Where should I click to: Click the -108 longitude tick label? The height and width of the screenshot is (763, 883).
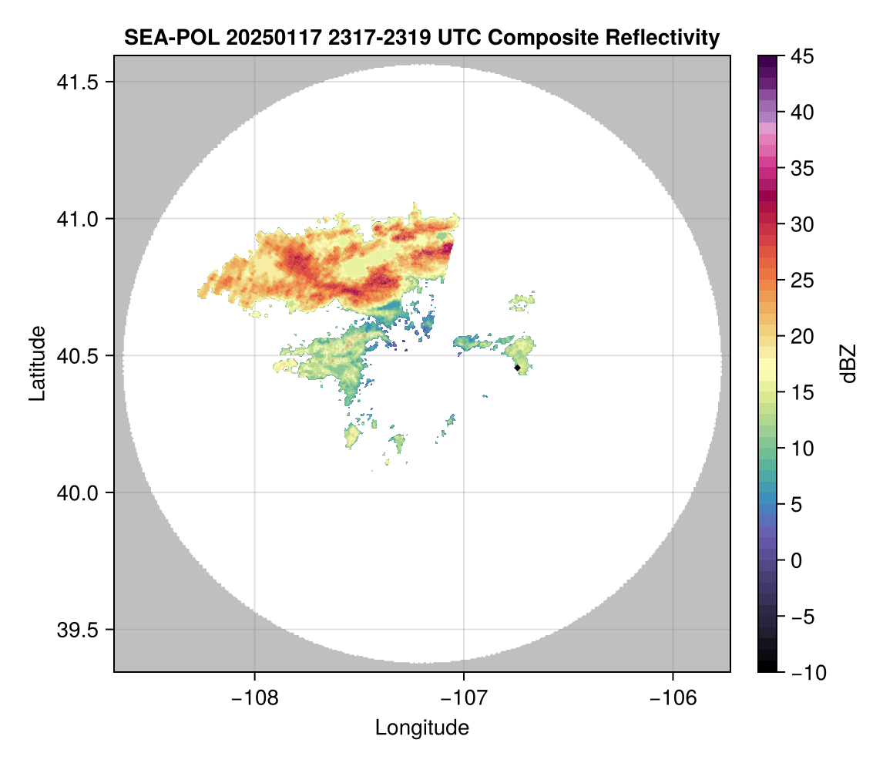pos(253,697)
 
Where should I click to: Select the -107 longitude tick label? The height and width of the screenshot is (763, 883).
pos(464,697)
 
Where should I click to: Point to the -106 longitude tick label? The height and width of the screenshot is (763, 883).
pos(673,697)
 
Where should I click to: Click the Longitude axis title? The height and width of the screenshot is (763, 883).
pos(421,728)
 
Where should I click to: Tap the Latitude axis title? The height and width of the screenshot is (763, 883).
pos(37,363)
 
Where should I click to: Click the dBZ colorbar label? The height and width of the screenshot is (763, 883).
pos(848,364)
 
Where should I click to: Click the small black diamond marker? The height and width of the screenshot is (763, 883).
pos(517,368)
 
